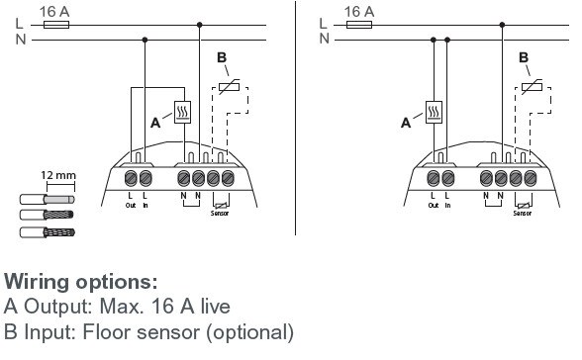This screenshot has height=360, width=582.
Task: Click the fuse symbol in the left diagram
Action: point(56,25)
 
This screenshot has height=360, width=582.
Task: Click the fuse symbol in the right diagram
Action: point(359,25)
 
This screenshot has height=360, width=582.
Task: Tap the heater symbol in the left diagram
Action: point(182,113)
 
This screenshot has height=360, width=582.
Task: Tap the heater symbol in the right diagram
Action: point(434,112)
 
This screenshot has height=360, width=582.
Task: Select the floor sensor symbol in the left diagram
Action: point(229,87)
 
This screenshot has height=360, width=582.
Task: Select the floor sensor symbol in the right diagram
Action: point(532,87)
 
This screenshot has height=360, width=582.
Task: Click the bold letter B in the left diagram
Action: point(222,57)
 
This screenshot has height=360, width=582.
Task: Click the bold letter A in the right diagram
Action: point(406,123)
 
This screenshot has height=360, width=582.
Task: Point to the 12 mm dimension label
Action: point(58,175)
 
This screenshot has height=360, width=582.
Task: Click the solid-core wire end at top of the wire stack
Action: point(48,200)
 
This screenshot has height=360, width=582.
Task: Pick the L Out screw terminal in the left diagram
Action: point(131,178)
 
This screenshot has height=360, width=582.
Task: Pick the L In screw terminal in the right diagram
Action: point(448,178)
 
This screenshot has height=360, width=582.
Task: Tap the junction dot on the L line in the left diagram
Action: point(199,25)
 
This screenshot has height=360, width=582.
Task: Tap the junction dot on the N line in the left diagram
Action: point(145,40)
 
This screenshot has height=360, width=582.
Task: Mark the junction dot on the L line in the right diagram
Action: point(502,25)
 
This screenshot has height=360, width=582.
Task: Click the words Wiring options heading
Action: point(80,282)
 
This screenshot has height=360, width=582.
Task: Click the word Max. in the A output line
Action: point(122,307)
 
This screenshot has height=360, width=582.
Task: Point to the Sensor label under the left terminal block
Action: point(220,214)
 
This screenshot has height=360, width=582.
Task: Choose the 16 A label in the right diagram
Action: point(359,12)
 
